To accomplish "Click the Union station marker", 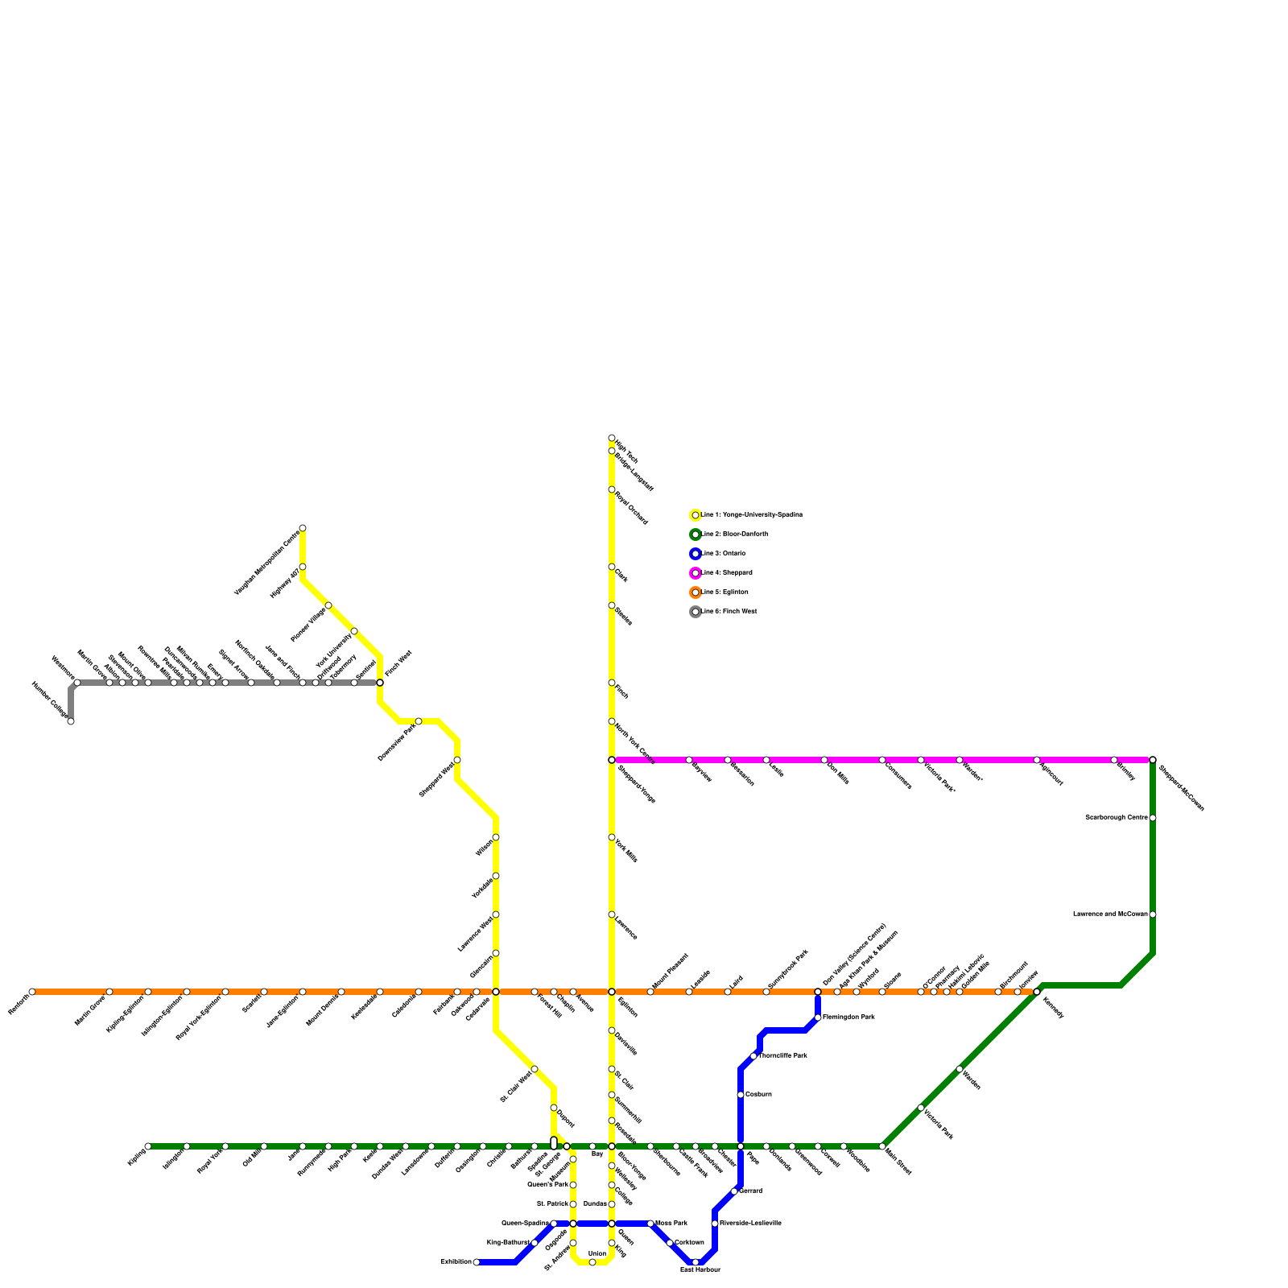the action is pyautogui.click(x=592, y=1262).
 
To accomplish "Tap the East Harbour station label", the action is pyautogui.click(x=700, y=1270).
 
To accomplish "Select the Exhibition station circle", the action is pyautogui.click(x=477, y=1262).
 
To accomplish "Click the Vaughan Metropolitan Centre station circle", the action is pyautogui.click(x=303, y=528).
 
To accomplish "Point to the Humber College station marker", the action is pyautogui.click(x=71, y=721).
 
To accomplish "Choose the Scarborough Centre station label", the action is pyautogui.click(x=1116, y=818).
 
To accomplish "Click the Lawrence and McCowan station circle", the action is pyautogui.click(x=1153, y=914).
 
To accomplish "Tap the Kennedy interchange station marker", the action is pyautogui.click(x=1037, y=992).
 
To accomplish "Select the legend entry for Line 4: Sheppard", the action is pyautogui.click(x=726, y=573).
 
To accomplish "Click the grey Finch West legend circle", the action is pyautogui.click(x=696, y=612).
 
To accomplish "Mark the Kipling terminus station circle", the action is pyautogui.click(x=148, y=1146).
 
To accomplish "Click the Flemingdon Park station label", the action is pyautogui.click(x=848, y=1018).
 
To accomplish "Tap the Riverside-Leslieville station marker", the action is pyautogui.click(x=715, y=1224).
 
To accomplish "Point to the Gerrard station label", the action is pyautogui.click(x=750, y=1191).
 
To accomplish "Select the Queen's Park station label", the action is pyautogui.click(x=547, y=1185).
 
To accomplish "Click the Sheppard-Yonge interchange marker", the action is pyautogui.click(x=612, y=760).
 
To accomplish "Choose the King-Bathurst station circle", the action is pyautogui.click(x=535, y=1243).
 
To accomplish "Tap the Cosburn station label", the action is pyautogui.click(x=758, y=1095).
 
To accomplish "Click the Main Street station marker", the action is pyautogui.click(x=882, y=1146).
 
